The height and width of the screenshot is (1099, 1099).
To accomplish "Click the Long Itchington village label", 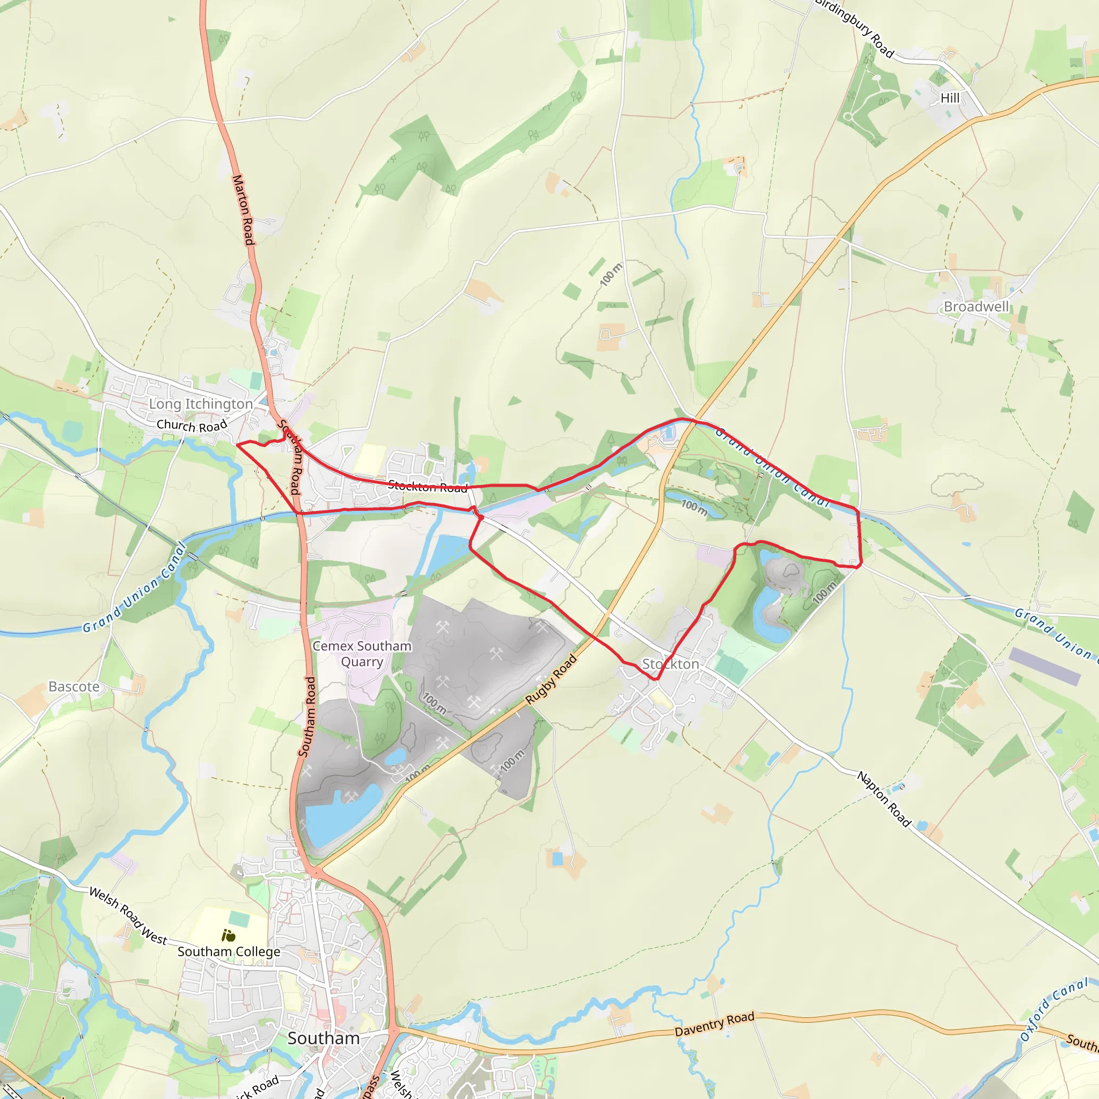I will tap(200, 404).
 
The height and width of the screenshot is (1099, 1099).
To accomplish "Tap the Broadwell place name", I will tap(976, 306).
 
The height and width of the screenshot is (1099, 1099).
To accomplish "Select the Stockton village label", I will tap(670, 664).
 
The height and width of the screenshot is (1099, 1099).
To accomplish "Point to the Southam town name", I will tap(323, 1038).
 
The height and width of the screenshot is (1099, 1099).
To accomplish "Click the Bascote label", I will tap(74, 686).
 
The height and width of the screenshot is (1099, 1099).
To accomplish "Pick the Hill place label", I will tap(950, 98).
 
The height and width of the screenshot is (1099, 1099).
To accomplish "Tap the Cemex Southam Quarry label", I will tap(362, 654).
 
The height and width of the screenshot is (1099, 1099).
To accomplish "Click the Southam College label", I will tap(229, 951).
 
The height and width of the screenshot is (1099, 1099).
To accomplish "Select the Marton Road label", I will tap(243, 210).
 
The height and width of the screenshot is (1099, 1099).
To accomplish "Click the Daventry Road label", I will tap(714, 1024).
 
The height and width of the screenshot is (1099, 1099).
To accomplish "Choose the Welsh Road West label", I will tap(128, 917).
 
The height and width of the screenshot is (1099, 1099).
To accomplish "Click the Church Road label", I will tap(192, 426).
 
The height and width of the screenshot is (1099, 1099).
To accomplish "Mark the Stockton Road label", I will tap(428, 486).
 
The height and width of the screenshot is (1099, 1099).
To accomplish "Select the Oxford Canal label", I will tap(1052, 1010).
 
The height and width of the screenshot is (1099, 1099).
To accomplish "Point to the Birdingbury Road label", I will tap(854, 27).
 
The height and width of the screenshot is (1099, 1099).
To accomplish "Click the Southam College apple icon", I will tap(229, 935).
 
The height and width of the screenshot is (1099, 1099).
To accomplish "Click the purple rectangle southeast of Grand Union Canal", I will tap(1044, 666).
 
